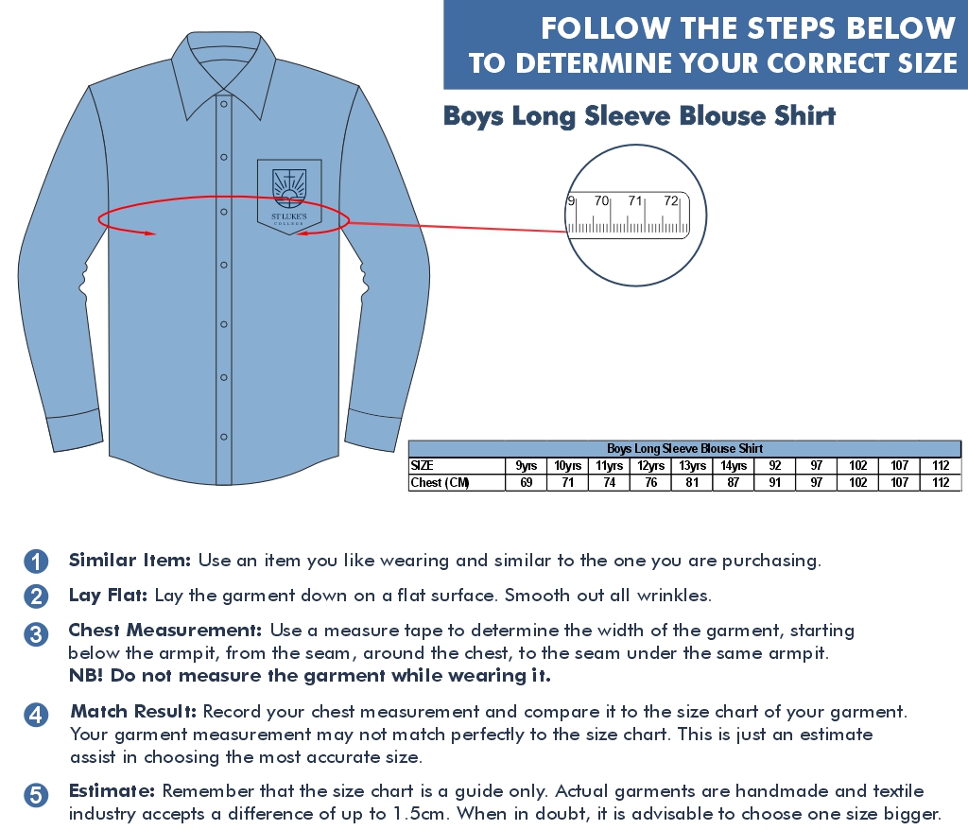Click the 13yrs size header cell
pos(692,466)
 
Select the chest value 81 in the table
pos(692,482)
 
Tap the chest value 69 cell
pos(526,482)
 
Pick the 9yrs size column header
pos(526,466)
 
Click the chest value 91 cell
pos(775,482)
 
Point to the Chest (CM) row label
pos(441,482)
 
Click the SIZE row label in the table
pos(422,466)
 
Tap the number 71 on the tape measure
pos(635,200)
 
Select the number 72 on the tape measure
pos(670,200)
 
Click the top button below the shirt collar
pos(224,104)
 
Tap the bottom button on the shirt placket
pos(224,437)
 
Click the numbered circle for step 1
pos(36,562)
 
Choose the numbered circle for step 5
pos(36,795)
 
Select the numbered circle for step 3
pos(36,634)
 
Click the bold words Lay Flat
pos(108,596)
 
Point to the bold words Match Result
pos(133,712)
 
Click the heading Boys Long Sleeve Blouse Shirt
pos(640,116)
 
